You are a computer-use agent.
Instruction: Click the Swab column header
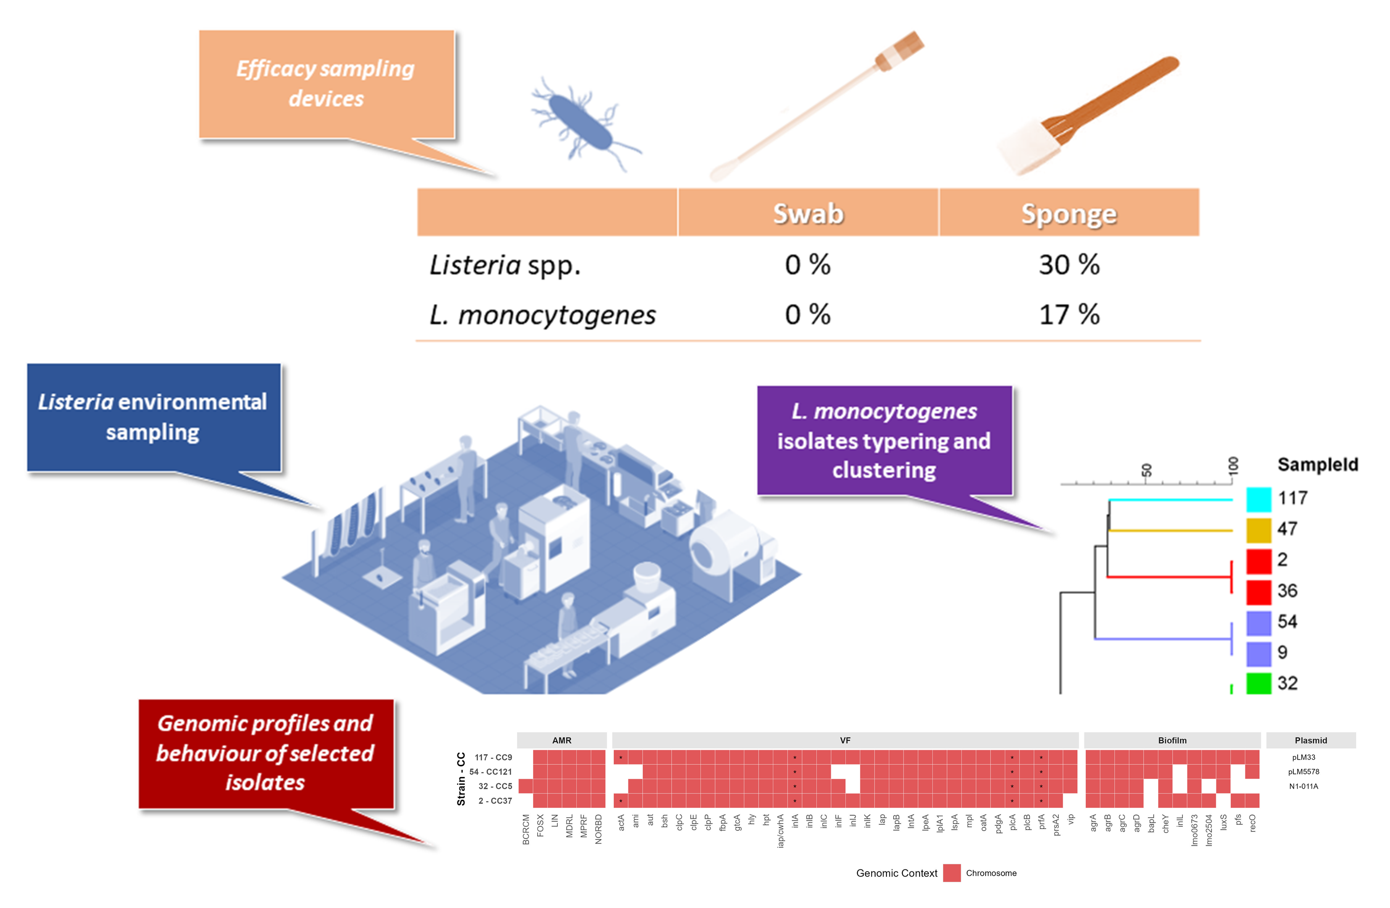click(808, 214)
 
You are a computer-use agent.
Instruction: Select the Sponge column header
click(1069, 214)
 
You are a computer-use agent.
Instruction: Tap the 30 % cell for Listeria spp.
click(1069, 265)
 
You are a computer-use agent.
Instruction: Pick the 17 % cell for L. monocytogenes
click(1069, 315)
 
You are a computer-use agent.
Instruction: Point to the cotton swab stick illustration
click(818, 105)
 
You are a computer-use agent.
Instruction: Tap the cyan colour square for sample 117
click(1258, 499)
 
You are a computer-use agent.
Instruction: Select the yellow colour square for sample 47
click(1258, 530)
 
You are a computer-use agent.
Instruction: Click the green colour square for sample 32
click(1258, 683)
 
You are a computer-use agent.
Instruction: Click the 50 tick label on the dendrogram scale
click(1147, 470)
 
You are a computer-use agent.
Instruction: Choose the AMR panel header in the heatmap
click(562, 740)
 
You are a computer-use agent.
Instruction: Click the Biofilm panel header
click(1172, 740)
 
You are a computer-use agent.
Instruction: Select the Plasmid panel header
click(1311, 740)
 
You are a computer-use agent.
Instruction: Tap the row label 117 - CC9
click(493, 757)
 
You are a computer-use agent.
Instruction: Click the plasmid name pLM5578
click(1303, 772)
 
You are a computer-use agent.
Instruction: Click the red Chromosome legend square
click(951, 873)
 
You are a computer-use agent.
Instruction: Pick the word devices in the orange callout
click(326, 99)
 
